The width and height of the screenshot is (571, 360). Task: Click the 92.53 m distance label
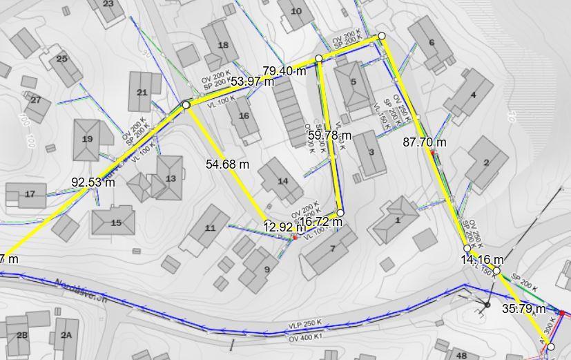pyautogui.click(x=93, y=182)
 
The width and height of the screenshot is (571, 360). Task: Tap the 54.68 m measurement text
pyautogui.click(x=227, y=164)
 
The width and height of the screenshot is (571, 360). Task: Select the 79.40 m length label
pyautogui.click(x=284, y=70)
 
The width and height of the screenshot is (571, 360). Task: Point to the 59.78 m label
pyautogui.click(x=329, y=135)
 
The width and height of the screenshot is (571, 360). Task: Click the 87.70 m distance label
pyautogui.click(x=424, y=142)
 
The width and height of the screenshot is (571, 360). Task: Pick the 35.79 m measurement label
pyautogui.click(x=523, y=309)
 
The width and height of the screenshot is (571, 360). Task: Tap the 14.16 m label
pyautogui.click(x=482, y=260)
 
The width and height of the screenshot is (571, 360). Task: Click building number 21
pyautogui.click(x=142, y=93)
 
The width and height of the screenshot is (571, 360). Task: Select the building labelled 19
pyautogui.click(x=87, y=139)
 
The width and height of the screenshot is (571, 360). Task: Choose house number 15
pyautogui.click(x=115, y=222)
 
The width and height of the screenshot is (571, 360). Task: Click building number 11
pyautogui.click(x=210, y=228)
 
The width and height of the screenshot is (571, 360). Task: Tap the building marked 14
pyautogui.click(x=282, y=182)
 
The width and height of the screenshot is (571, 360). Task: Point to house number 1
pyautogui.click(x=398, y=220)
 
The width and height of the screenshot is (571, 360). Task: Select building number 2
pyautogui.click(x=486, y=163)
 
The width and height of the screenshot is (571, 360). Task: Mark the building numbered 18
pyautogui.click(x=222, y=46)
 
